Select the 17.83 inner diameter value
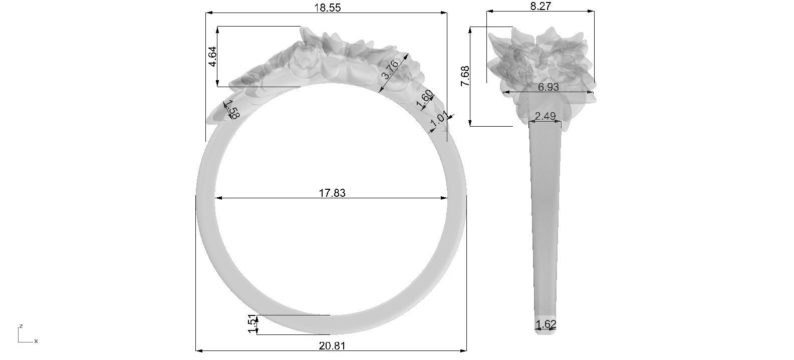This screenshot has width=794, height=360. [332, 192]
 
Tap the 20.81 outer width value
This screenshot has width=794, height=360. [332, 345]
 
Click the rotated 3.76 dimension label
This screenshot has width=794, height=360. [391, 70]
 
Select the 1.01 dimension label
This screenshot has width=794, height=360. [439, 121]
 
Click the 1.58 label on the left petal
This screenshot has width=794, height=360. [231, 110]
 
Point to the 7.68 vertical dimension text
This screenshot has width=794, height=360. [465, 77]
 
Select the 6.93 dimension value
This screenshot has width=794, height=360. [549, 87]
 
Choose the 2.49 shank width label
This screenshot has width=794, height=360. [546, 116]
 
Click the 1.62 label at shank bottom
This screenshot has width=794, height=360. [546, 324]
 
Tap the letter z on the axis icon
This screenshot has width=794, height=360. [21, 326]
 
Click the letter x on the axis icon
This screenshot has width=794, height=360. [36, 341]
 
